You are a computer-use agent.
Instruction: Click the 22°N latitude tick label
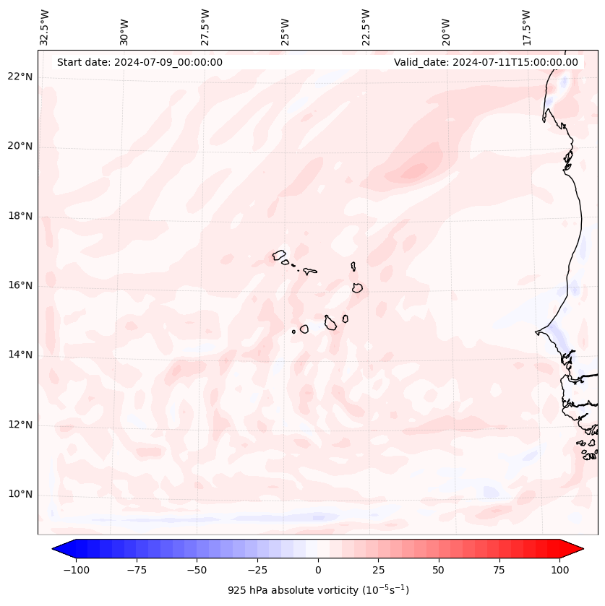pyautogui.click(x=20, y=77)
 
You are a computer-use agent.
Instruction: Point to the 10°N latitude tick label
pyautogui.click(x=20, y=495)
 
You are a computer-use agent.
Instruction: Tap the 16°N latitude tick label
pyautogui.click(x=20, y=286)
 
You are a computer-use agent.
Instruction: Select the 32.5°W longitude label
pyautogui.click(x=45, y=27)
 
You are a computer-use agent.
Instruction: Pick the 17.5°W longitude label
pyautogui.click(x=527, y=27)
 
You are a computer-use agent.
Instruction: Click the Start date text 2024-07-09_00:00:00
pyautogui.click(x=140, y=62)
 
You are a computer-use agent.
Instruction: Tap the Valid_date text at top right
pyautogui.click(x=486, y=62)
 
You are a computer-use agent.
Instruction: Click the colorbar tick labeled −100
pyautogui.click(x=76, y=570)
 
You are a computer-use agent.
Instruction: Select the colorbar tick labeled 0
pyautogui.click(x=318, y=570)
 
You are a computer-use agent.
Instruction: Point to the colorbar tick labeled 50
pyautogui.click(x=439, y=570)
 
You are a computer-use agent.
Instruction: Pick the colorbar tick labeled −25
pyautogui.click(x=257, y=570)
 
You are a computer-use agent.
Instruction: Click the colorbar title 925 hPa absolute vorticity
pyautogui.click(x=318, y=590)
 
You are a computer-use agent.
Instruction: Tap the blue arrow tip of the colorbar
pyautogui.click(x=56, y=550)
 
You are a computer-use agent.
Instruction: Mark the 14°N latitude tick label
pyautogui.click(x=20, y=355)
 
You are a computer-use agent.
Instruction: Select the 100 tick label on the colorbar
pyautogui.click(x=559, y=570)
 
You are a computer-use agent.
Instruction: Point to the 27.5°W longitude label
pyautogui.click(x=205, y=27)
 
